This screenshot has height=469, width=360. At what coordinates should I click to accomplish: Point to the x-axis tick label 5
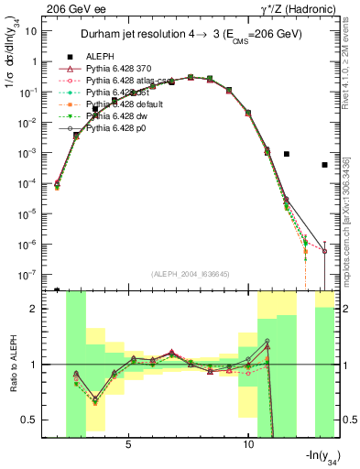click(128, 444)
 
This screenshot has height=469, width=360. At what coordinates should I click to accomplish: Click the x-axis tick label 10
click(248, 444)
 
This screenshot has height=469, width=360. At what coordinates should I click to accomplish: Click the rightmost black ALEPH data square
click(324, 165)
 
